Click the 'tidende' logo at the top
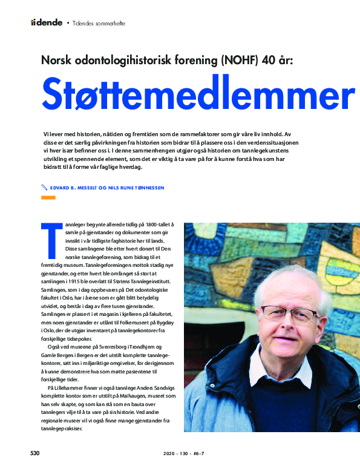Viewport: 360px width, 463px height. pyautogui.click(x=47, y=22)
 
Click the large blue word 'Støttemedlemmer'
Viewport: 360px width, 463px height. pyautogui.click(x=197, y=94)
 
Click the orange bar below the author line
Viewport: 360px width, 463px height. pyautogui.click(x=47, y=198)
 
